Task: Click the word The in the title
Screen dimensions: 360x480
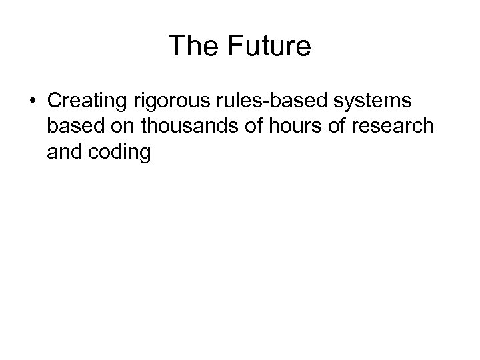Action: point(193,45)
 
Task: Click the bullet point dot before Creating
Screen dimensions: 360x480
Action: point(33,101)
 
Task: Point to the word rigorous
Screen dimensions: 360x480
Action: point(174,101)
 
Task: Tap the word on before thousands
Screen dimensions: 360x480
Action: point(124,127)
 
